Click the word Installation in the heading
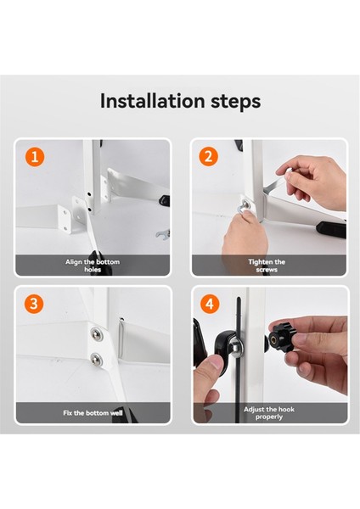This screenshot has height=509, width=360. [x=153, y=101]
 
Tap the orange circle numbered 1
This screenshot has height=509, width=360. [x=35, y=157]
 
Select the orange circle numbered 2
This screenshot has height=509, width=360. [x=208, y=156]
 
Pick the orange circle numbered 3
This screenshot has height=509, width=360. [x=34, y=304]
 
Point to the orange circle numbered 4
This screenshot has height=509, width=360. [x=210, y=304]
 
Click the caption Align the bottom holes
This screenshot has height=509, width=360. [x=93, y=266]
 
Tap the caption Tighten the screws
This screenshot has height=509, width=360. [x=267, y=266]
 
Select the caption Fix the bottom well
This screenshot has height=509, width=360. [x=93, y=413]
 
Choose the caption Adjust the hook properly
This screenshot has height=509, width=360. [x=269, y=413]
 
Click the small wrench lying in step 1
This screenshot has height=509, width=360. [x=163, y=234]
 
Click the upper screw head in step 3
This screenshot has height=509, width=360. [x=97, y=334]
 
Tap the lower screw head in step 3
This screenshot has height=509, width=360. [x=97, y=359]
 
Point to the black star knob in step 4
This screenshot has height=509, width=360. [x=282, y=338]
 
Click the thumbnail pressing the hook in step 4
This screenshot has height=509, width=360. [x=212, y=361]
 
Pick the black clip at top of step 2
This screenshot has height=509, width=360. [x=239, y=145]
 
